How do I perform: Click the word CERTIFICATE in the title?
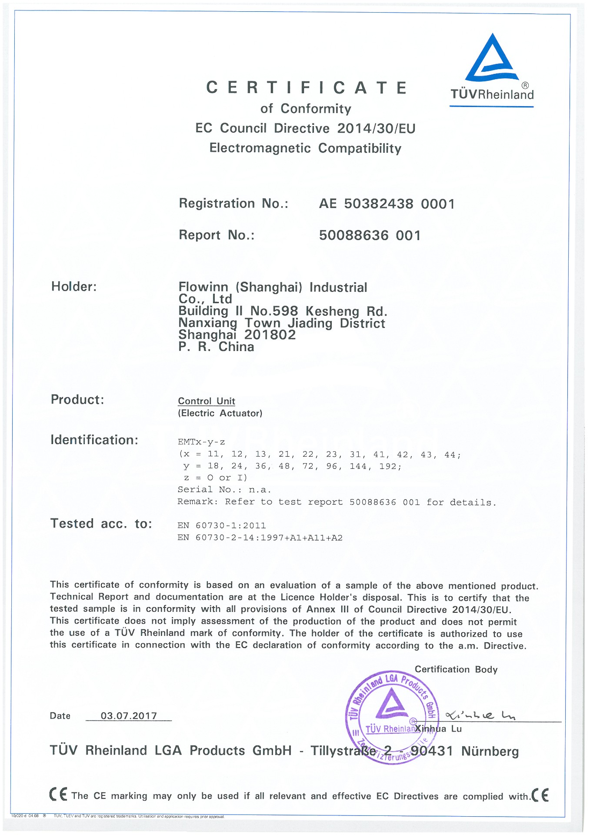(307, 88)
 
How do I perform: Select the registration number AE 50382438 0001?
(387, 204)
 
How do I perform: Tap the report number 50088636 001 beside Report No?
(370, 235)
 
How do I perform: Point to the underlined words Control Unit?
(207, 401)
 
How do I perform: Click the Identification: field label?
(94, 440)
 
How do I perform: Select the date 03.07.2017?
(129, 716)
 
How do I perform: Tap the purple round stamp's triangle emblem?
(391, 703)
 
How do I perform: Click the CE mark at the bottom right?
(540, 795)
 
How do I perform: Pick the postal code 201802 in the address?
(270, 335)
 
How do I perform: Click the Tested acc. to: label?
(101, 524)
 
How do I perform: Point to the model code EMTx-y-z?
(201, 442)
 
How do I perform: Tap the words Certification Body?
(456, 669)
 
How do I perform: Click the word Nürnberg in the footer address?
(490, 751)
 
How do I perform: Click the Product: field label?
(77, 400)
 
